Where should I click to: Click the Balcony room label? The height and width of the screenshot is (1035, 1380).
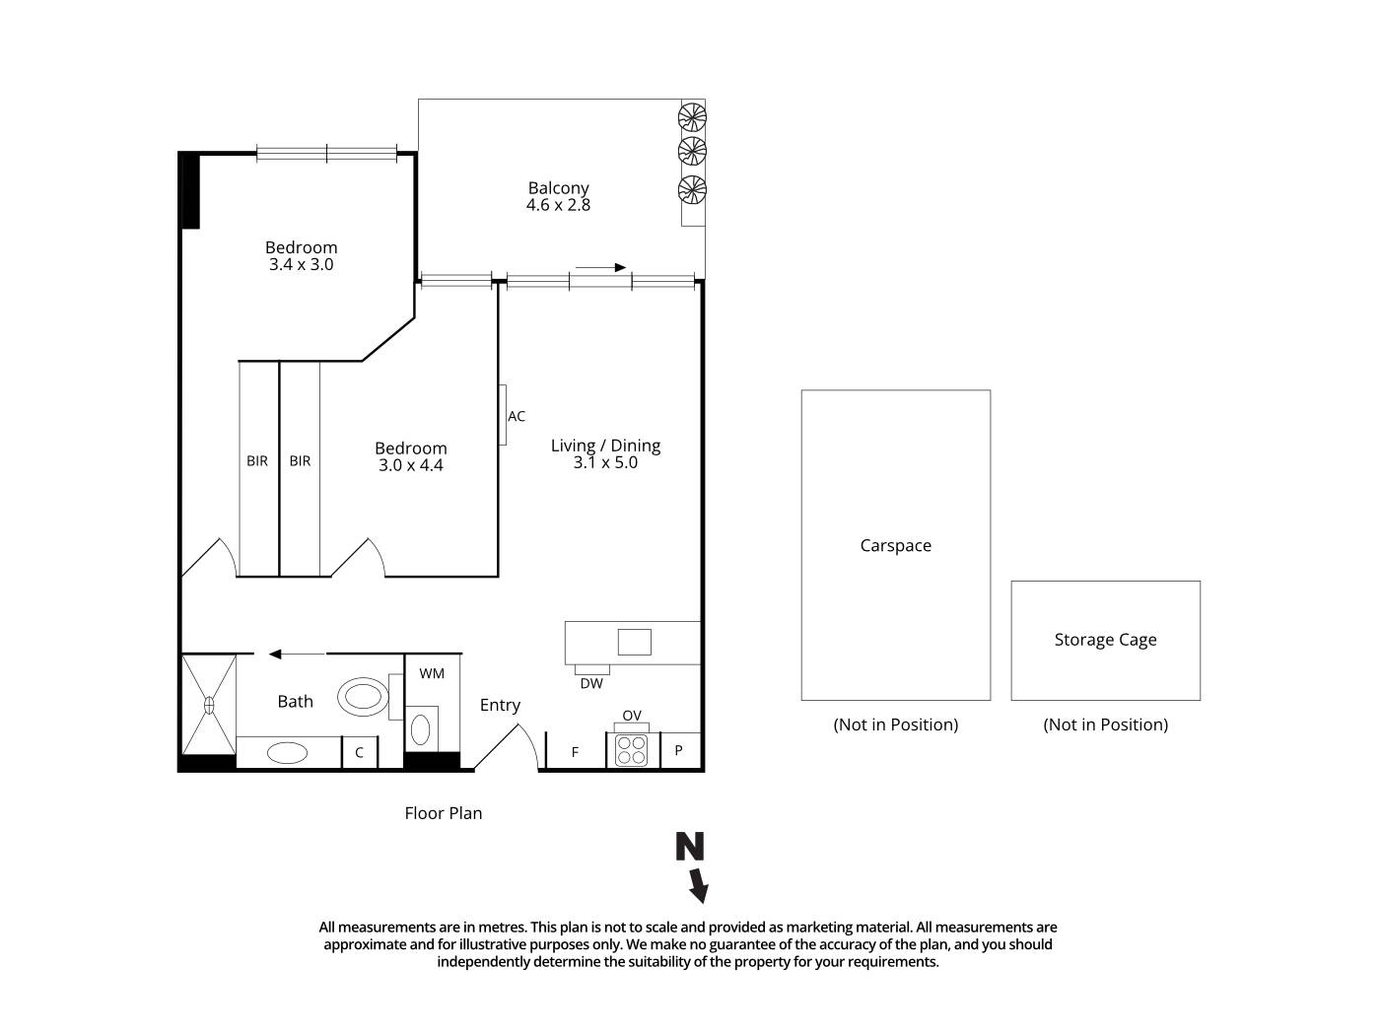coord(558,187)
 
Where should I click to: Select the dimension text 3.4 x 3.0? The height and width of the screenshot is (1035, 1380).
coord(301,265)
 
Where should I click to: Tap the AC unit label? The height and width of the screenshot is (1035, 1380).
coord(517,417)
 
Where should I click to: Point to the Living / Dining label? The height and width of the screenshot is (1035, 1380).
coord(605,446)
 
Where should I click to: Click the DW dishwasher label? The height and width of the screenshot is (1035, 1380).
coord(591,683)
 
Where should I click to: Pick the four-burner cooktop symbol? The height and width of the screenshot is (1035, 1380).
coord(631,750)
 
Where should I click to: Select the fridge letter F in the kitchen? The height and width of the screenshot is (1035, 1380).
coord(576,752)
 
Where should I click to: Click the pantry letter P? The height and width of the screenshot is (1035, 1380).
coord(678,751)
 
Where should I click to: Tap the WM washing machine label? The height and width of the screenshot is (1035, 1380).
coord(432,673)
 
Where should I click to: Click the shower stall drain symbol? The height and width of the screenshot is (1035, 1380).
coord(209,705)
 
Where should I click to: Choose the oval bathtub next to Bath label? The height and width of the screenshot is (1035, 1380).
coord(364,697)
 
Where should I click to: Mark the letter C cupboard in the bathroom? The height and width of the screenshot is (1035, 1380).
coord(359,752)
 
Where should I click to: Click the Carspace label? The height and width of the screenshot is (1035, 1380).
coord(895,545)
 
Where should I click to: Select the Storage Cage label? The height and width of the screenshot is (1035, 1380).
coord(1105,640)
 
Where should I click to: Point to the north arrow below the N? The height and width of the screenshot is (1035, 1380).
coord(698,885)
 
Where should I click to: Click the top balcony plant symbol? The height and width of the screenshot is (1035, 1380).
coord(692,116)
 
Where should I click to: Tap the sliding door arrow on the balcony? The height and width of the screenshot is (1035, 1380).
coord(601,267)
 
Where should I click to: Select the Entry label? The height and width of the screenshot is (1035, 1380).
coord(500,705)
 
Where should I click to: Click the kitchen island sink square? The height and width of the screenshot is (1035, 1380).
coord(634,642)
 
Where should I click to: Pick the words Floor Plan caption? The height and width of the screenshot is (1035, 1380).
coord(444,813)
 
